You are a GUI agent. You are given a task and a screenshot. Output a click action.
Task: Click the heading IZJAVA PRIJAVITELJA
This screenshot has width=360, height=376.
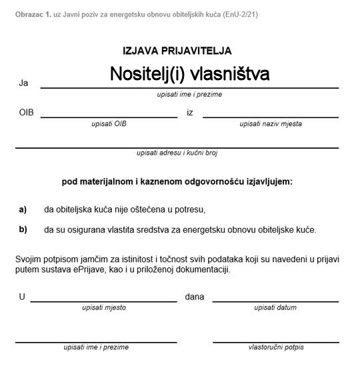[x=177, y=51]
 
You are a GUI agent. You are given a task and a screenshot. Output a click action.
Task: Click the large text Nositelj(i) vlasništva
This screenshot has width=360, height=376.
[x=190, y=74]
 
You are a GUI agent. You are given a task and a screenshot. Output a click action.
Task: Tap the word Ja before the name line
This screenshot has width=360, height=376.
[x=24, y=83]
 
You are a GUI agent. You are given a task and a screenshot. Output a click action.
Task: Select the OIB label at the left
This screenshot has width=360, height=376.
[x=26, y=113]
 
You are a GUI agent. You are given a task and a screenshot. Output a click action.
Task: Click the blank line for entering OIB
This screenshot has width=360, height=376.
[x=109, y=117]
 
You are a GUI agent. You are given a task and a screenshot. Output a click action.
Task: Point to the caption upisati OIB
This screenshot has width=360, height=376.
[x=109, y=124]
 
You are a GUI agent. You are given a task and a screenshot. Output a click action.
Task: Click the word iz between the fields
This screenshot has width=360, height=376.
[x=190, y=113]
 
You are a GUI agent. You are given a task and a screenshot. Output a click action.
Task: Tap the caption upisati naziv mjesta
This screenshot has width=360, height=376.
[x=271, y=124]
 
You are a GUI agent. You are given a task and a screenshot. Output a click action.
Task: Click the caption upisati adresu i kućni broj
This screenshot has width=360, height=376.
[x=177, y=153]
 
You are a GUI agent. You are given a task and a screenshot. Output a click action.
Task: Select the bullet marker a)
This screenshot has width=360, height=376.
[x=23, y=209]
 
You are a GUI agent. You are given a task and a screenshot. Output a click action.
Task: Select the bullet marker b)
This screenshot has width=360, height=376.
[x=23, y=230]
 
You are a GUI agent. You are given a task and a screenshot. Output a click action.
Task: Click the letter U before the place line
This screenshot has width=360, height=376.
[x=22, y=297]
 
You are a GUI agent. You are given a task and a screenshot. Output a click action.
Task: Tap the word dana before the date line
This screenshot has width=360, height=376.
[x=195, y=297]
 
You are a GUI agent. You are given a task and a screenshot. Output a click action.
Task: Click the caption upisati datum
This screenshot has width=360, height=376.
[x=275, y=307]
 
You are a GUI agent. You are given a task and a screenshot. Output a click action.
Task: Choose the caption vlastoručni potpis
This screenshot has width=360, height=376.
[x=275, y=347]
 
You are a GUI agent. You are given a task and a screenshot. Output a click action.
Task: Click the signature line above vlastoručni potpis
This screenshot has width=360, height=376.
[x=275, y=342]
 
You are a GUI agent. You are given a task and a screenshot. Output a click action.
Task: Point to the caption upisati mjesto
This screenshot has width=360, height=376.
[x=103, y=307]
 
